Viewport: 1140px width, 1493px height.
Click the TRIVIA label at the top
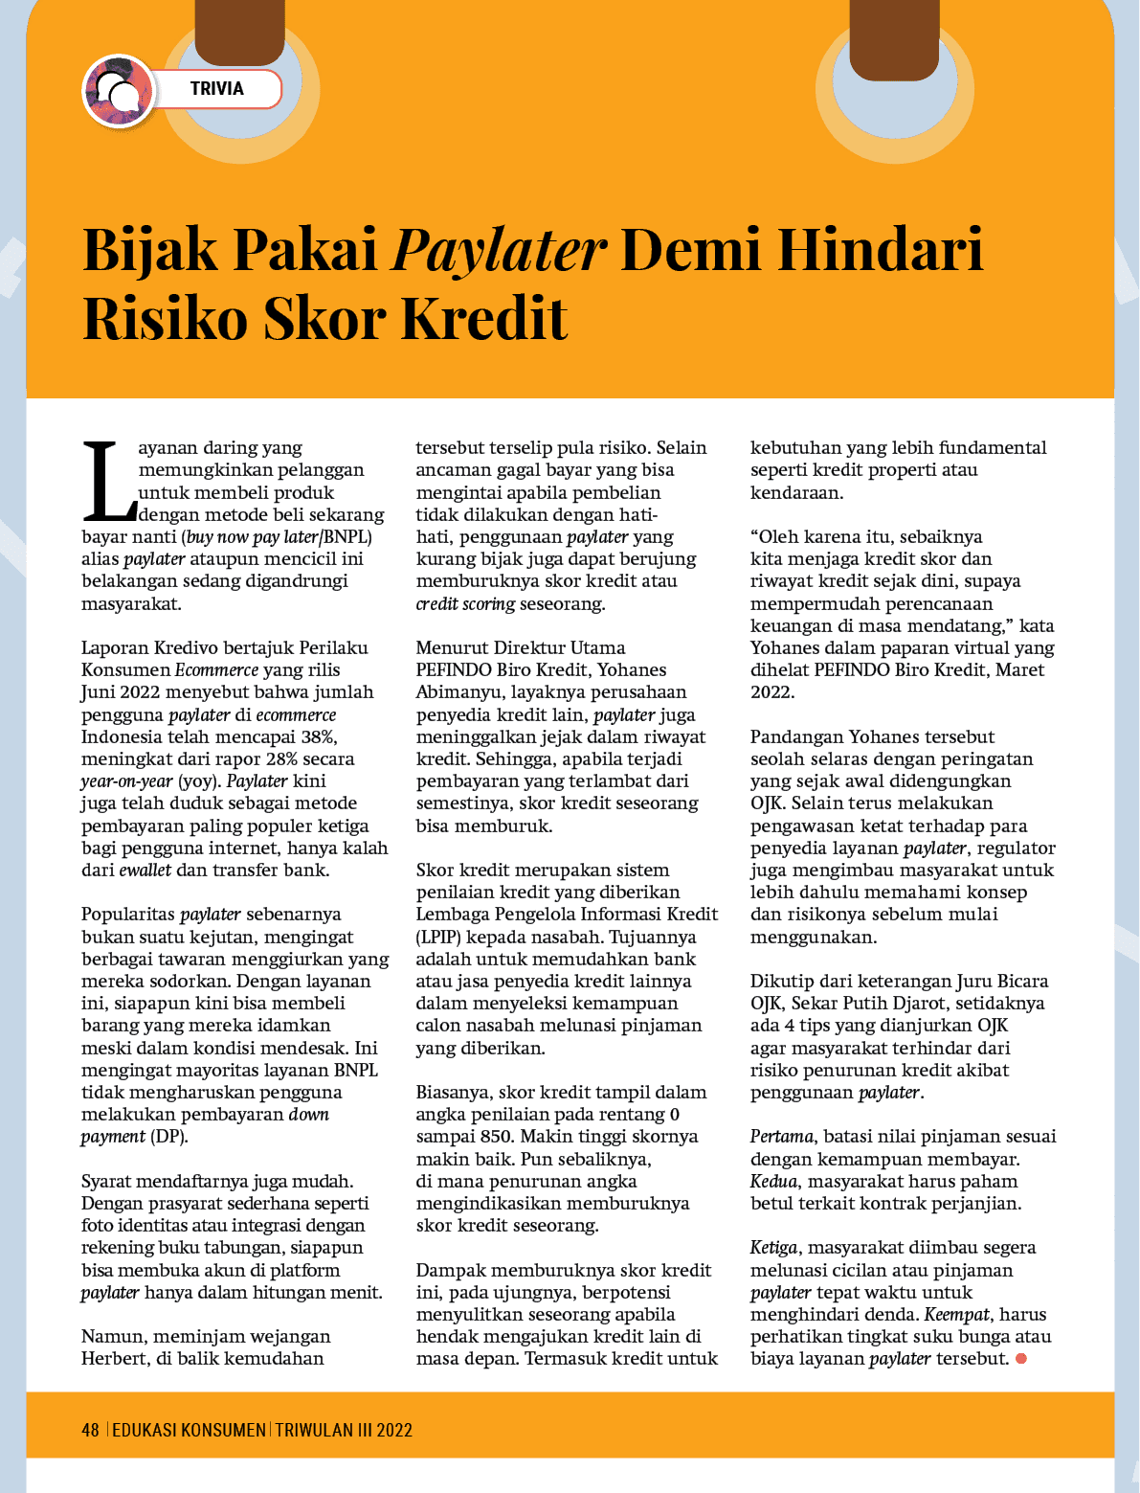click(x=217, y=89)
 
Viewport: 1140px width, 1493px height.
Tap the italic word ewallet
click(x=145, y=870)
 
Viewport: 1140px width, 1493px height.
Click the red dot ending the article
click(x=1021, y=1359)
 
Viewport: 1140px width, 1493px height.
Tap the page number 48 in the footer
click(x=90, y=1430)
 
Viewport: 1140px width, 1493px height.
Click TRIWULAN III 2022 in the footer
click(x=344, y=1430)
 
